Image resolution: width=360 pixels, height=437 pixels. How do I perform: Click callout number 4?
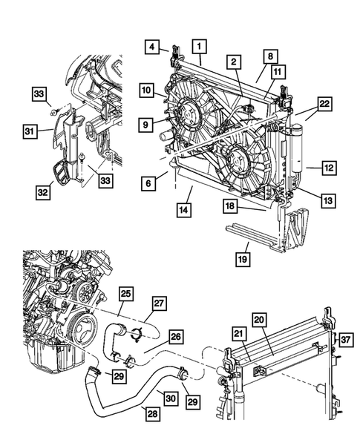(151, 47)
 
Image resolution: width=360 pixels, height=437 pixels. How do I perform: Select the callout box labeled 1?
(199, 47)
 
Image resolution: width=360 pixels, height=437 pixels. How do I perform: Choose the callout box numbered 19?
(243, 259)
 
